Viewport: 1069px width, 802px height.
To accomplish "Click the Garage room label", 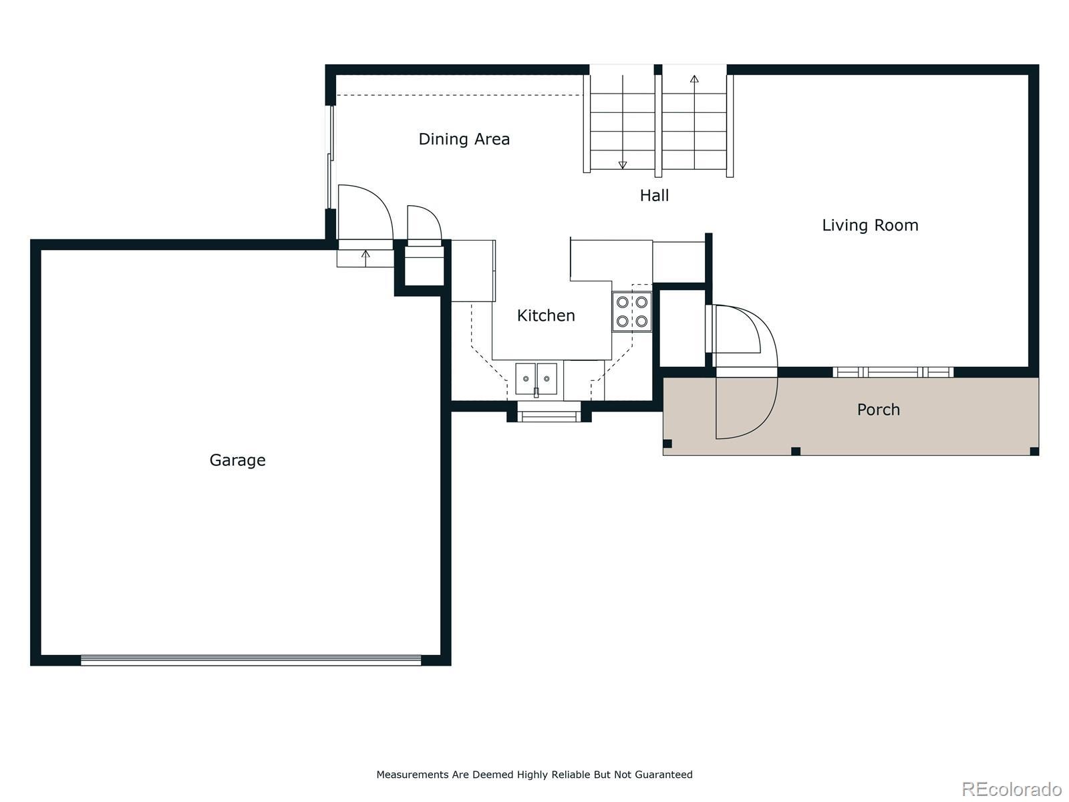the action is click(x=238, y=460).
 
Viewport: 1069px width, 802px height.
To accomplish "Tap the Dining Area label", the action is click(x=464, y=139).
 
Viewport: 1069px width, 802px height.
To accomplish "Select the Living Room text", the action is click(x=870, y=225).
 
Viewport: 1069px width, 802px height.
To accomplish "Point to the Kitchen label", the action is click(x=546, y=315).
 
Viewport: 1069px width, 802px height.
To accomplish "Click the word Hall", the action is click(x=654, y=195).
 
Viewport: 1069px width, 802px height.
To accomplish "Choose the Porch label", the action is click(x=878, y=410).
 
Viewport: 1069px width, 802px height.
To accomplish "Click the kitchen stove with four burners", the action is click(x=632, y=312).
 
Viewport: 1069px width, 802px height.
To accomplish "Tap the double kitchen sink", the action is click(x=537, y=379).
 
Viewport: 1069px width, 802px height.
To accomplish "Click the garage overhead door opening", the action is click(x=251, y=660).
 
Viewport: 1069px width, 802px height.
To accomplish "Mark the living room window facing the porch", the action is click(x=893, y=372).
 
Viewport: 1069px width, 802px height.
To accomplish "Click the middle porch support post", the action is click(x=795, y=451).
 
